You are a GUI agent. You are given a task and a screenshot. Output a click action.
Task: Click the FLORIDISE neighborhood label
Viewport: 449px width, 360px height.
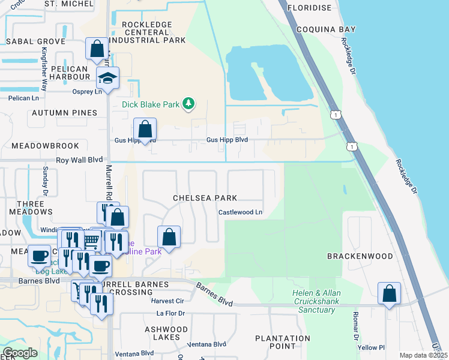(x=310, y=8)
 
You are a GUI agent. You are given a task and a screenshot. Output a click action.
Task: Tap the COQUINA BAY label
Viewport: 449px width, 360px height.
(x=330, y=29)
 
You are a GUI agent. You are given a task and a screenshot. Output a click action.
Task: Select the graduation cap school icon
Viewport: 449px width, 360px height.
(x=108, y=79)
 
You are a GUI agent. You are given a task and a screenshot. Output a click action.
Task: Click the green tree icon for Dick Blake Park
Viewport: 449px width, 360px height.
(x=189, y=104)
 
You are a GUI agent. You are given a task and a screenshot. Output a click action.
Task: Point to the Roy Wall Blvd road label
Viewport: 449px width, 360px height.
(x=79, y=160)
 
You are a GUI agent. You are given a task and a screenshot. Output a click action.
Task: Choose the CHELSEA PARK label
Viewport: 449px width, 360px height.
(x=205, y=197)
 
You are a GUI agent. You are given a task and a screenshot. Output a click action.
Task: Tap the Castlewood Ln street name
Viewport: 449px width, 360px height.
(x=240, y=212)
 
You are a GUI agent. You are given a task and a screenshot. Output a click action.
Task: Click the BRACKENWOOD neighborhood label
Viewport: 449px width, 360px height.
(x=360, y=256)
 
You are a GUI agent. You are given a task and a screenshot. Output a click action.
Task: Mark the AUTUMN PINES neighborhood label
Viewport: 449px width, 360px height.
(x=64, y=113)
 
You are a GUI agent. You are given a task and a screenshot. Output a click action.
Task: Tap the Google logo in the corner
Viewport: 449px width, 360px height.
(x=19, y=353)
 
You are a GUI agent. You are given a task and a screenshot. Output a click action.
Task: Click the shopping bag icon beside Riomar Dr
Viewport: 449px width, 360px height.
(x=390, y=293)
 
